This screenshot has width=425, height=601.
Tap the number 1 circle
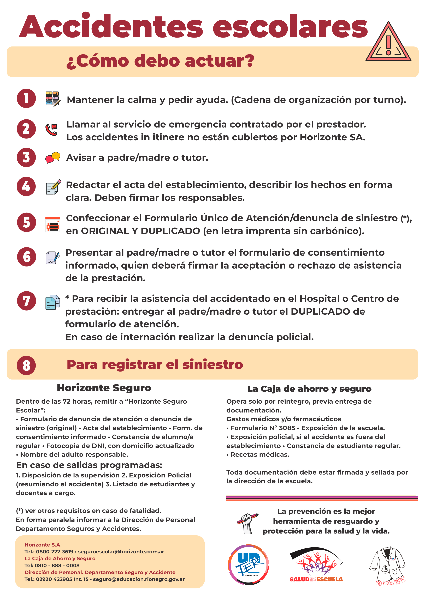coord(26,98)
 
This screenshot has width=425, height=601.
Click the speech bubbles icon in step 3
coord(53,157)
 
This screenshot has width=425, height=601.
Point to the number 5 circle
coord(26,222)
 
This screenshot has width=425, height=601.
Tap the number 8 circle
coord(26,365)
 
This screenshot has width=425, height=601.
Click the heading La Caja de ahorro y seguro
coord(309,389)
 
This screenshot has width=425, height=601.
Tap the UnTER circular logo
coord(248,565)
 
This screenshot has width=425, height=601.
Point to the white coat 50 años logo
coord(388,565)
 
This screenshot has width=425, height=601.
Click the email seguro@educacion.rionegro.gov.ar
coord(139,579)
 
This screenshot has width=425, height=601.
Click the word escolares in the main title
coord(290,27)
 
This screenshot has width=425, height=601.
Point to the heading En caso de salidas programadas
coord(89,465)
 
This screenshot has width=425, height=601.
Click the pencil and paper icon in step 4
coord(53,187)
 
